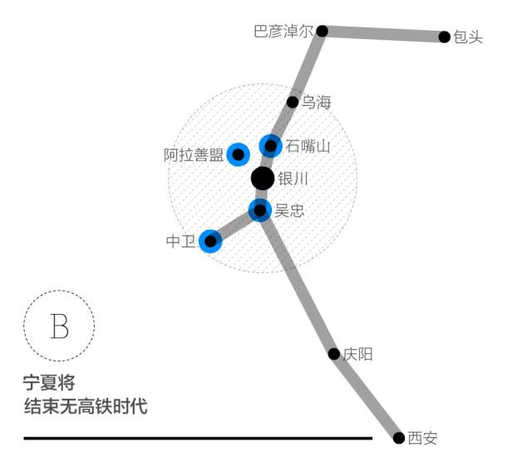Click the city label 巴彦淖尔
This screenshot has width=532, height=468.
coord(283,32)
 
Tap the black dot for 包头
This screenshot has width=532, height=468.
coord(445,37)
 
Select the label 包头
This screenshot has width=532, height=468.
coord(468,37)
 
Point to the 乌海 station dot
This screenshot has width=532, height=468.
coord(293,102)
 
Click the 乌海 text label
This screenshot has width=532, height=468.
coord(316,102)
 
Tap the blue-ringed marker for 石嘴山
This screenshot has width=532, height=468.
coord(270,146)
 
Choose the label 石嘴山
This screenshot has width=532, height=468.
coord(308,147)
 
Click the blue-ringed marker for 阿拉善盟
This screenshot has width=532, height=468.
coord(239,154)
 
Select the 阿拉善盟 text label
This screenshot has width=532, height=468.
coord(194,155)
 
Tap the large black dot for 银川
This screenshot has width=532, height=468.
coord(262,178)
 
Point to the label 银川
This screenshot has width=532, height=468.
coord(293,179)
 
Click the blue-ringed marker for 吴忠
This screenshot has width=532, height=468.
coord(260,210)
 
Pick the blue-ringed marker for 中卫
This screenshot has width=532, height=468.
coord(210,241)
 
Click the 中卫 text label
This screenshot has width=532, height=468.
coord(180,241)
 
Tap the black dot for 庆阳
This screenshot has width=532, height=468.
coord(334,354)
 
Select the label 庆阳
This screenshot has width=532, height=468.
coord(358,355)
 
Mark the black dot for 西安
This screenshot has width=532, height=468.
coord(399,437)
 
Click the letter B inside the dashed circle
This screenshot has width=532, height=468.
coord(59,326)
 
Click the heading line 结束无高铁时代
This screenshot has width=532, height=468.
coord(86,407)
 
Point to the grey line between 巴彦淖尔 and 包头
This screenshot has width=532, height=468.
coord(383,34)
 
